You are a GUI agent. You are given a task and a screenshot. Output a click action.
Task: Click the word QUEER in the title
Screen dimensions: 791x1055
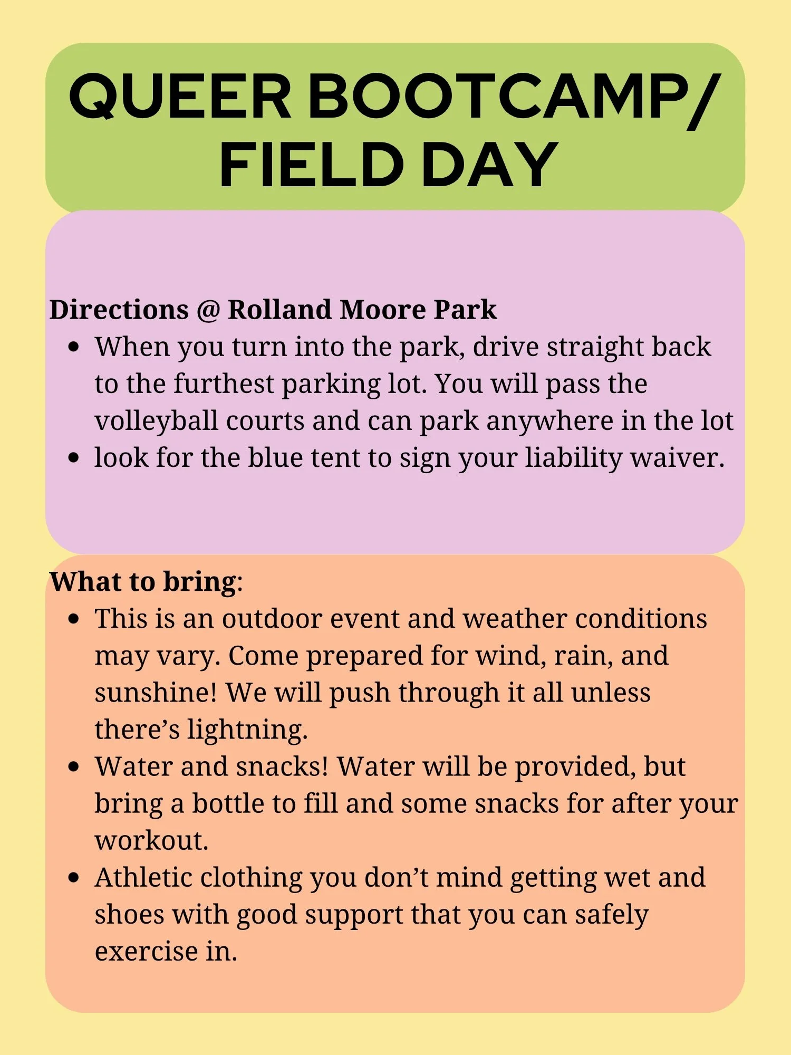click(180, 96)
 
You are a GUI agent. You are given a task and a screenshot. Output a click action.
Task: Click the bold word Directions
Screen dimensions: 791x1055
click(119, 310)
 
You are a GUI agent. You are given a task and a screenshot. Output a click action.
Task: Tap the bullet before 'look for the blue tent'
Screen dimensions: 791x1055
click(74, 457)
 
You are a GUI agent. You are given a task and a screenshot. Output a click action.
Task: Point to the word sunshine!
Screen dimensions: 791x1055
click(156, 693)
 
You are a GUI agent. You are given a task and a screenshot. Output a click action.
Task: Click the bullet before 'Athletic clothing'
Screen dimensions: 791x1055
click(74, 878)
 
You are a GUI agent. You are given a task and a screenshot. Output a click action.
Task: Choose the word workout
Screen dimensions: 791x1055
click(151, 841)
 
